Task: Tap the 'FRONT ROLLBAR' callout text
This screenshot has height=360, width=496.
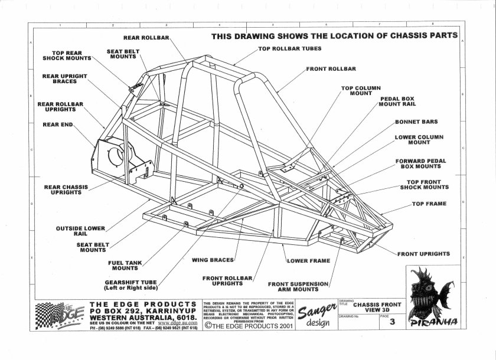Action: click(331, 69)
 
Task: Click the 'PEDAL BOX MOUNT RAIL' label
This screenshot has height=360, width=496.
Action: click(399, 100)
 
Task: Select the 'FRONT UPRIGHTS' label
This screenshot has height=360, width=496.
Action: click(423, 254)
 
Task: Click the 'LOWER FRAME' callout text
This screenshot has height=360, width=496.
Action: click(308, 260)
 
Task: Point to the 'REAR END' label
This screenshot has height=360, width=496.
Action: click(57, 125)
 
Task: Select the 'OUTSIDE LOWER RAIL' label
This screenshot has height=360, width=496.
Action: click(81, 231)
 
